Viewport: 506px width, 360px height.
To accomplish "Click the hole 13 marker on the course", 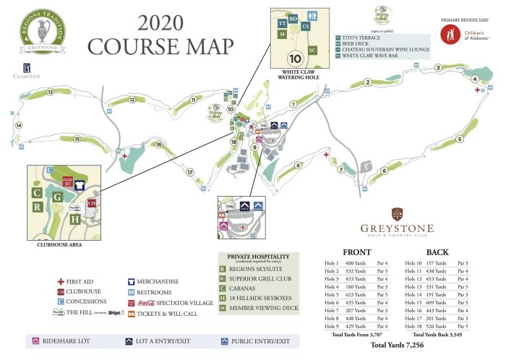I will tap(50, 92).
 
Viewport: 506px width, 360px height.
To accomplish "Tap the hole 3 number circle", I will tap(438, 68).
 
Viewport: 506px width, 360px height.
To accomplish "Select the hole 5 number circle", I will tap(459, 140).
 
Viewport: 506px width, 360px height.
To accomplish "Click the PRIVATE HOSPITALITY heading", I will tap(264, 255).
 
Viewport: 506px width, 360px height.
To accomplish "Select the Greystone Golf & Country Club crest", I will tap(397, 215).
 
